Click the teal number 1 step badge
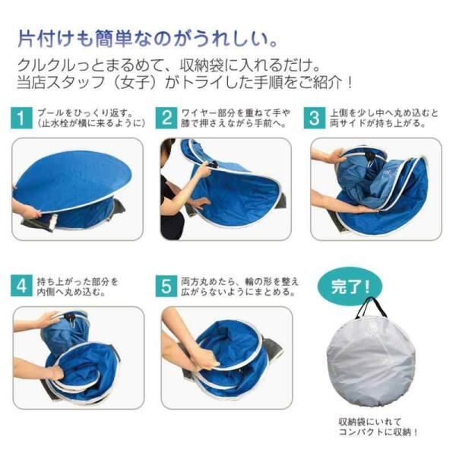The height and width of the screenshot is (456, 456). pyautogui.click(x=21, y=118)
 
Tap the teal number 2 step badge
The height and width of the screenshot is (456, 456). pyautogui.click(x=166, y=118)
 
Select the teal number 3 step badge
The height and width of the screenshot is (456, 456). pyautogui.click(x=315, y=118)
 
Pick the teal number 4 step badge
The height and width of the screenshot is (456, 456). pyautogui.click(x=21, y=286)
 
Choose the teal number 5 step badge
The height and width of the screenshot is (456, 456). pyautogui.click(x=166, y=286)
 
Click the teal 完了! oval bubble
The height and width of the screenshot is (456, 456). pyautogui.click(x=350, y=287)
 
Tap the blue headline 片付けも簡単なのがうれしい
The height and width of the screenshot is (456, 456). pyautogui.click(x=147, y=39)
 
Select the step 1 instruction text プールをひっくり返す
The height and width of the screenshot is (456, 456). pyautogui.click(x=85, y=112)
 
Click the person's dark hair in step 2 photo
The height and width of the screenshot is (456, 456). pyautogui.click(x=166, y=147)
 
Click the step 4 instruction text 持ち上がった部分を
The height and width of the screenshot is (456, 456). pyautogui.click(x=78, y=281)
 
